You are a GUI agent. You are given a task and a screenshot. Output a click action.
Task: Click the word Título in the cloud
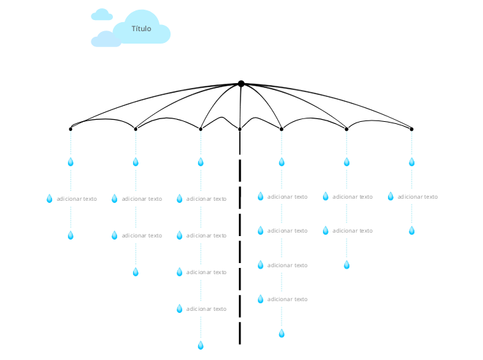(141, 28)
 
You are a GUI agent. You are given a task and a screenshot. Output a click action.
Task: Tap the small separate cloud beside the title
(102, 15)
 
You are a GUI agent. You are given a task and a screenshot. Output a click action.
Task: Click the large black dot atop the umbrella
(241, 84)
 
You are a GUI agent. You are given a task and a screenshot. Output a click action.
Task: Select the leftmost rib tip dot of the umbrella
(71, 129)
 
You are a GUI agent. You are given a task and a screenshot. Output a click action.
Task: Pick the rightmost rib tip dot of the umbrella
(412, 129)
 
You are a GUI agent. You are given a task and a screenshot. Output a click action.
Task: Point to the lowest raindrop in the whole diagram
(201, 345)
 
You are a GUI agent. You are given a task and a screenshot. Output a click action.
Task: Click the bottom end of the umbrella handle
(240, 342)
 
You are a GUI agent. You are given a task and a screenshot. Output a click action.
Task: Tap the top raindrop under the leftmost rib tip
(70, 162)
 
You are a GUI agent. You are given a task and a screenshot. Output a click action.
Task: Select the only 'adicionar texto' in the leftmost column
(77, 199)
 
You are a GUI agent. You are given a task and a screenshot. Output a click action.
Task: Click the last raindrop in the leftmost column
(70, 235)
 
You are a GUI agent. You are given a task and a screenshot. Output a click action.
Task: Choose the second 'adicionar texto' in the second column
(142, 235)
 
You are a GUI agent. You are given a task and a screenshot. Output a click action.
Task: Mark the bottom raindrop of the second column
(136, 272)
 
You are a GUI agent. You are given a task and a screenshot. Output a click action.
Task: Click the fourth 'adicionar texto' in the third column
(207, 309)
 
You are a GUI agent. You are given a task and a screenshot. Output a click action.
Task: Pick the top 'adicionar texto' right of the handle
(288, 197)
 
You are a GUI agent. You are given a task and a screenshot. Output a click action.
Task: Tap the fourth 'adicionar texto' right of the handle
(288, 299)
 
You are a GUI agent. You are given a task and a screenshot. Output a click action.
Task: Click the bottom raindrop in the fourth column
(281, 333)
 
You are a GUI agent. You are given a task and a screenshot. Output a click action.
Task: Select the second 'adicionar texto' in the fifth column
(353, 231)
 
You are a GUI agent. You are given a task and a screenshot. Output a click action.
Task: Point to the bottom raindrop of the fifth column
(346, 264)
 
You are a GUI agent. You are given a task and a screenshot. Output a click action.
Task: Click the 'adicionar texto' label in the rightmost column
(418, 197)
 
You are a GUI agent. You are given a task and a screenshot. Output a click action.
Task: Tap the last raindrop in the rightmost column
(412, 231)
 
